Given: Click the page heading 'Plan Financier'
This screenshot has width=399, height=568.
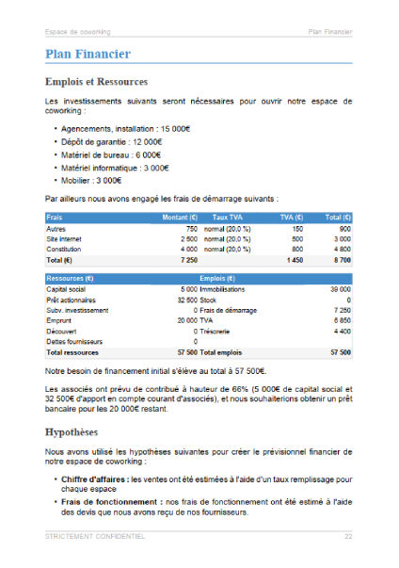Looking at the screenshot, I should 87,55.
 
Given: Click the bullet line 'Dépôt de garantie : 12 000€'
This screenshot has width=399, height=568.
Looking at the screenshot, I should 112,141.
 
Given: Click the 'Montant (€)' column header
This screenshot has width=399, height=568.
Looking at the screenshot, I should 180,218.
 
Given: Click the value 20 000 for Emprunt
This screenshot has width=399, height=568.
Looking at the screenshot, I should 182,320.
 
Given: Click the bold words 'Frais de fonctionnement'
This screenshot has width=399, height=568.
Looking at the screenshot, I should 112,502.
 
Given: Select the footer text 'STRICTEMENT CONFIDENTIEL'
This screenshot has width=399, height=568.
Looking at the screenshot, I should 95,537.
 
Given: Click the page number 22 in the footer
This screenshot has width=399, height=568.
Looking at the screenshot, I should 347,537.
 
